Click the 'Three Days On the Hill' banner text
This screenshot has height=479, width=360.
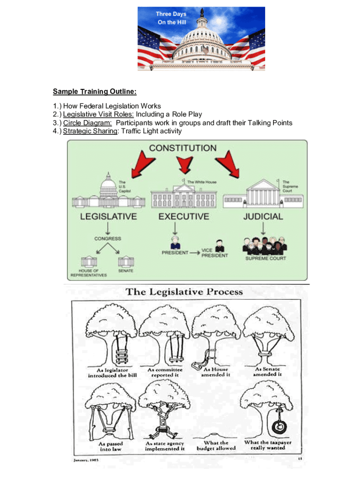pos(171,18)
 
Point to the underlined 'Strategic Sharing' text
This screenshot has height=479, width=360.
pos(90,131)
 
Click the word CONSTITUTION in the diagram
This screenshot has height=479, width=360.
pos(183,148)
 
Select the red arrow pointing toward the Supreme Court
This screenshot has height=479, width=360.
pos(228,164)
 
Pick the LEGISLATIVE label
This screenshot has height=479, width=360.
pos(109,217)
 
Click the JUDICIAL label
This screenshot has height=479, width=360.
pos(263,217)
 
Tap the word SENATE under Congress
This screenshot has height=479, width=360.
pos(125,271)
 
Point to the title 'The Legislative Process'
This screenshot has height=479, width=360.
pos(184,292)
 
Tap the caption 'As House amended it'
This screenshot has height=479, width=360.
pos(216,372)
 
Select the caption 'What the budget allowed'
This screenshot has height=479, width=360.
pos(216,445)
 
